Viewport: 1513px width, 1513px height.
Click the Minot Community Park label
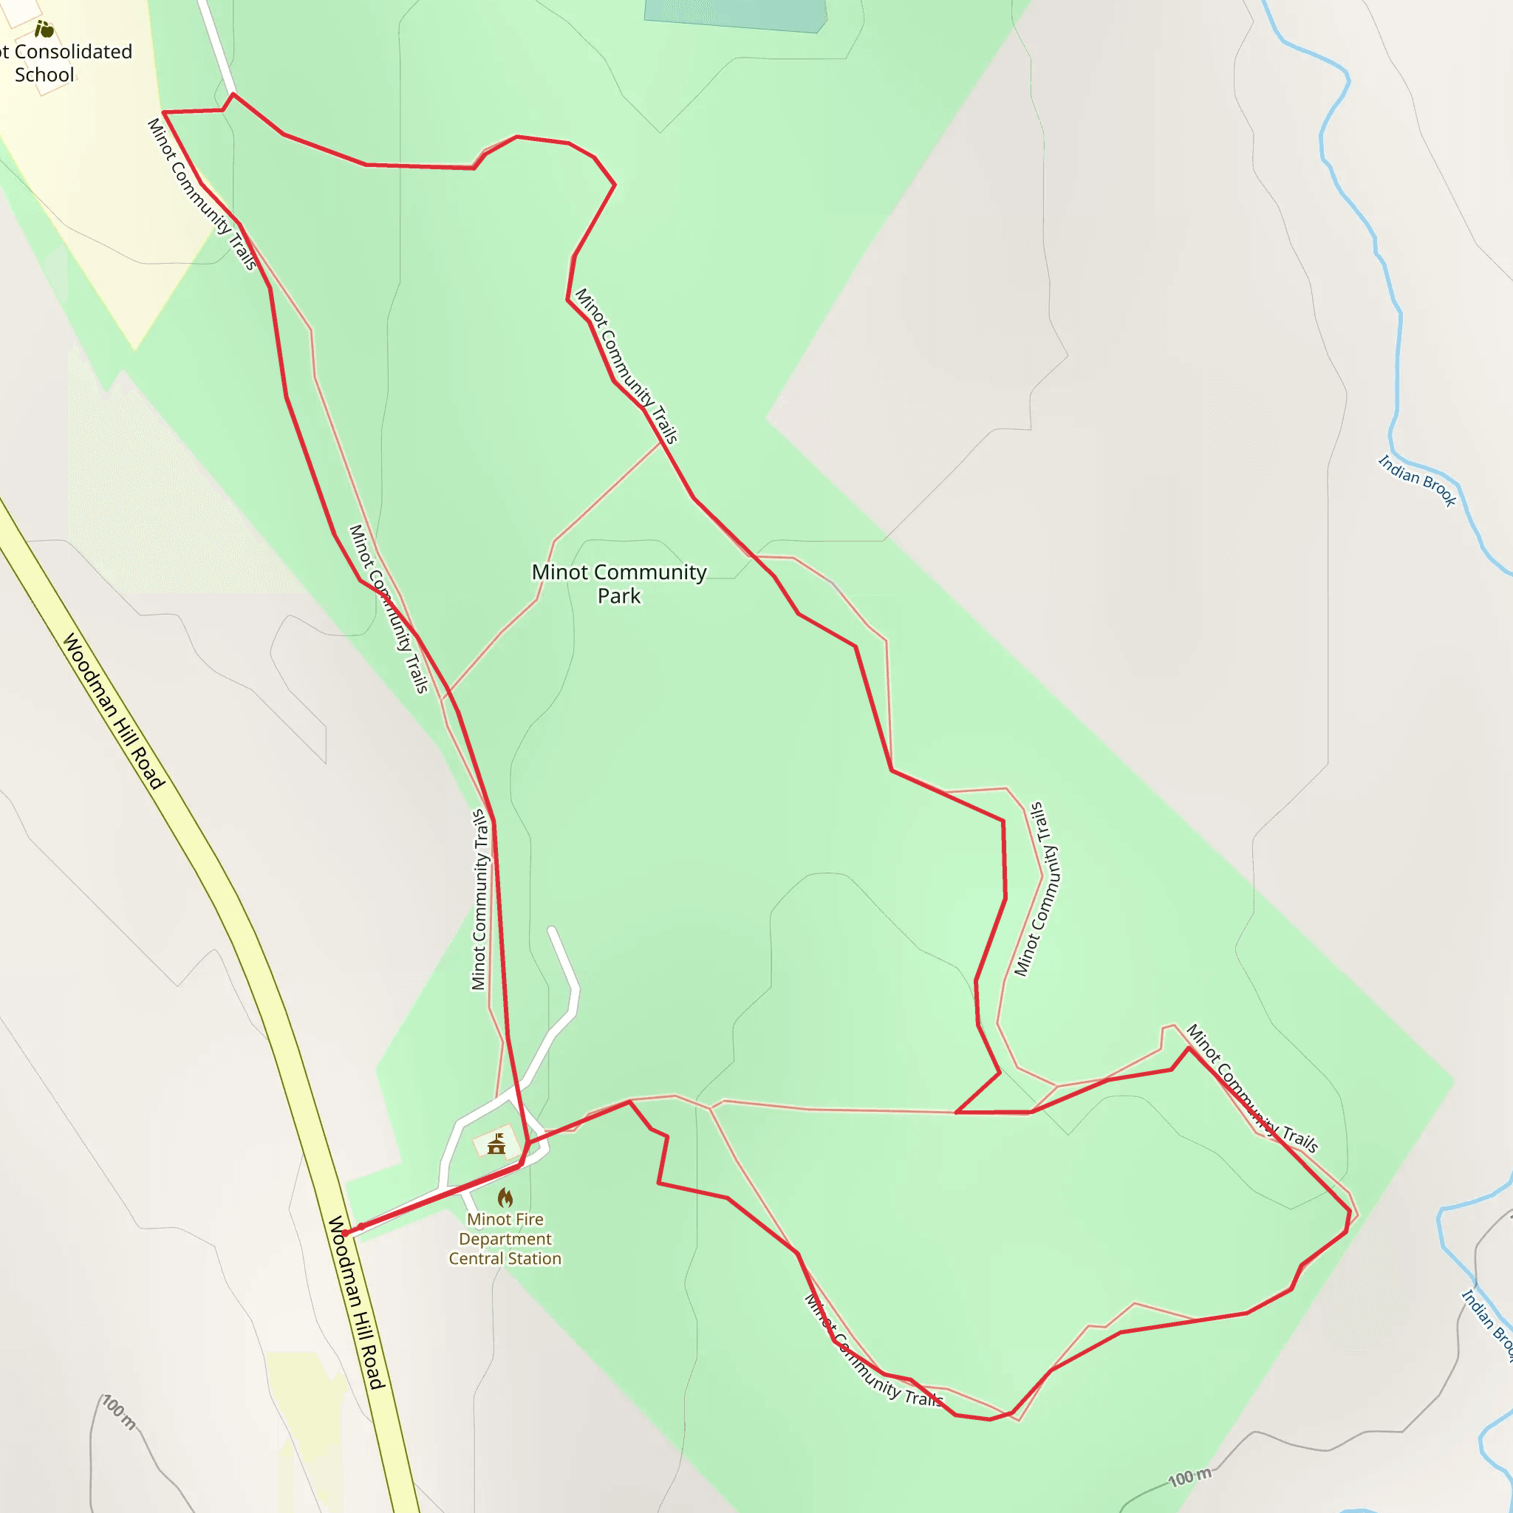618,584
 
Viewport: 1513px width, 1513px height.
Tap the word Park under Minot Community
618,596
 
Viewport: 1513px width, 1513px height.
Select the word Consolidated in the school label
73,52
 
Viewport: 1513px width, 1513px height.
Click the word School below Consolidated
44,75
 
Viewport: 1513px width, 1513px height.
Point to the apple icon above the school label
44,30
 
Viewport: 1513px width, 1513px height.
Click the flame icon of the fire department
505,1198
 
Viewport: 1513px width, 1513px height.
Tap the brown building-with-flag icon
496,1144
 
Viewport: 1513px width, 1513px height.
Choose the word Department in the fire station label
505,1239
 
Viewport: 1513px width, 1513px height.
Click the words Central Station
505,1258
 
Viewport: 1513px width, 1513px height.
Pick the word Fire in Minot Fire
529,1219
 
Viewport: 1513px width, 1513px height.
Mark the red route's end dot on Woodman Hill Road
345,1234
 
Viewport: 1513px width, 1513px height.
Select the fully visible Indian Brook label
1417,481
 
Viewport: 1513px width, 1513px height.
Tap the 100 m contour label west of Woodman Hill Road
119,1412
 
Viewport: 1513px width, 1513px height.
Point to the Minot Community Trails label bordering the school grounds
202,194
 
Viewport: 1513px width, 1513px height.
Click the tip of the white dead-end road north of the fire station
552,930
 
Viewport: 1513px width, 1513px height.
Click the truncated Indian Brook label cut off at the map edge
1488,1323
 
